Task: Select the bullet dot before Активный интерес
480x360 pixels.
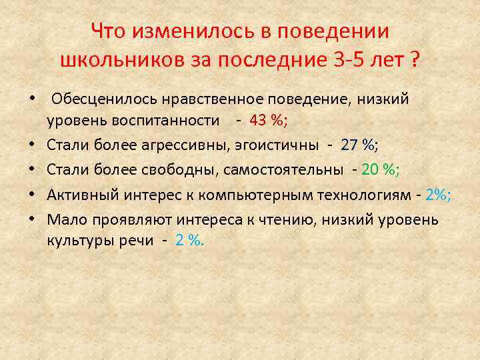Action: [x=31, y=194]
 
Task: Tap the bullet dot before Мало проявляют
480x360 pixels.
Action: [x=31, y=219]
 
